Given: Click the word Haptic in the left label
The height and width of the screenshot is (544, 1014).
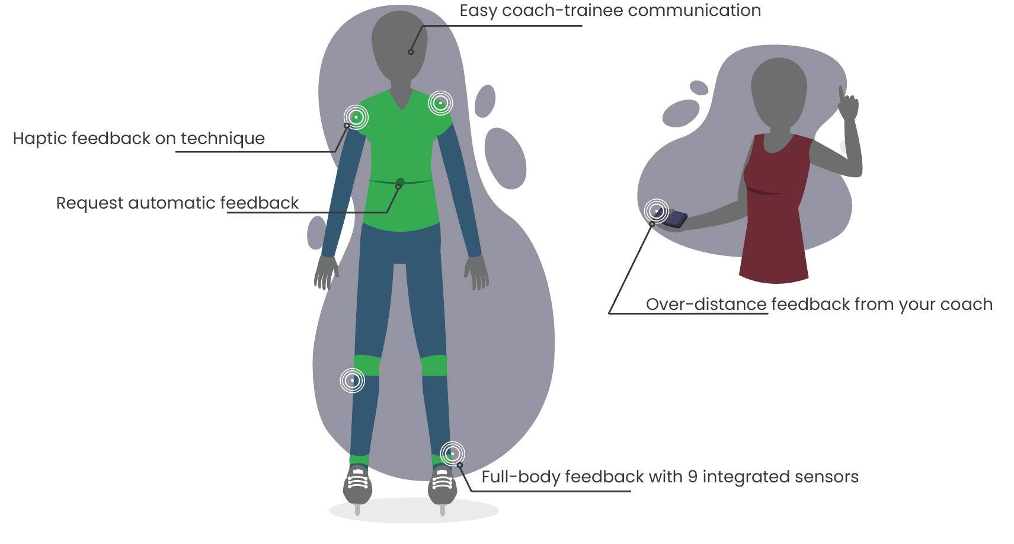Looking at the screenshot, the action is click(40, 139).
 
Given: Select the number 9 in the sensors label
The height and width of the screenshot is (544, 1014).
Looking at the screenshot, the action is click(693, 477).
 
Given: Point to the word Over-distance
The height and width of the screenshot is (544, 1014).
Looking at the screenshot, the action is click(706, 304).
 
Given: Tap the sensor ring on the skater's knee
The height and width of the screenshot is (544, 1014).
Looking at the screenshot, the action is click(352, 380).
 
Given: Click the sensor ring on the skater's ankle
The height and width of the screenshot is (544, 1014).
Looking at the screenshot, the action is click(452, 453).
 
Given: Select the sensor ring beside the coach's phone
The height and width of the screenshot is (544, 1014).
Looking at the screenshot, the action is click(657, 212).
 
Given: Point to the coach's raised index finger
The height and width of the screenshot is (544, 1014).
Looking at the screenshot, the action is click(842, 95).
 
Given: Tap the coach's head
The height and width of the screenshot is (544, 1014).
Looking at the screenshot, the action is click(779, 93).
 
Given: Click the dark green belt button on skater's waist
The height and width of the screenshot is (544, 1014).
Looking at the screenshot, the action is click(400, 183).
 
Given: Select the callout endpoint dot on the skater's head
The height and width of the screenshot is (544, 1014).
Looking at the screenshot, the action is click(411, 52).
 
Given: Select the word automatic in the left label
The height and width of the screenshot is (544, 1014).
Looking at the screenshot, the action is click(171, 203).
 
